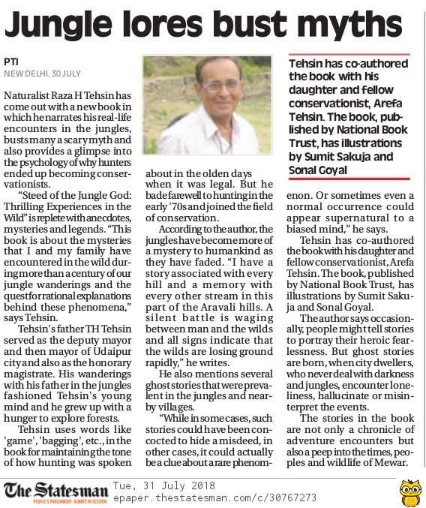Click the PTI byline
pos(11,61)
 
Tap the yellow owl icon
pos(408,491)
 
